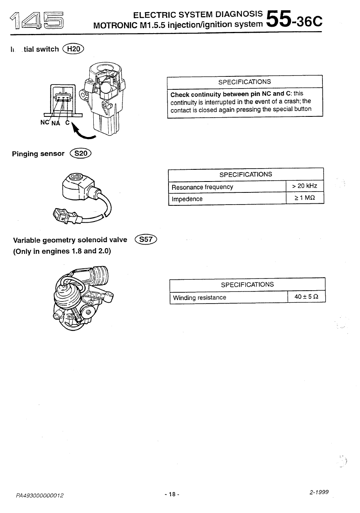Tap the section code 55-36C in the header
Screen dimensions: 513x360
coord(294,20)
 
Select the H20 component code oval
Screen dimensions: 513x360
coord(73,49)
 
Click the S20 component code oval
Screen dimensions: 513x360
coord(81,153)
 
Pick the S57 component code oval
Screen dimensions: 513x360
coord(146,239)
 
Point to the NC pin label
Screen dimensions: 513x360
coord(44,122)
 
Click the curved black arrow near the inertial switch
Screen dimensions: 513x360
coord(82,132)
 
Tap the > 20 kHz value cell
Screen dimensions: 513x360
coord(305,186)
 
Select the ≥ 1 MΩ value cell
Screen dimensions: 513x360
coord(305,198)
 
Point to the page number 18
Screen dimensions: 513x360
coord(172,494)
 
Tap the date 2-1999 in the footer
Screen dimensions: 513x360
coord(319,492)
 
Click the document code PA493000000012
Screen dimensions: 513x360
coord(40,495)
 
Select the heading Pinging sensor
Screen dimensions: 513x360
coord(38,154)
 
